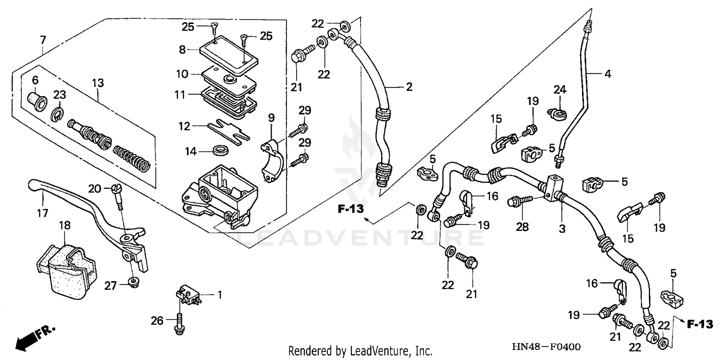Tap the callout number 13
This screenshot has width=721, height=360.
[x=98, y=83]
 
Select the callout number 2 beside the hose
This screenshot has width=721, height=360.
[x=409, y=87]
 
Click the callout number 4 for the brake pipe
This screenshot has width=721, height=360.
[x=608, y=74]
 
